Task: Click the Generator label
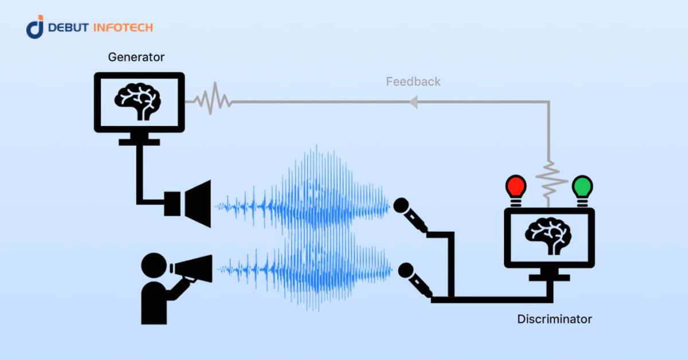136,57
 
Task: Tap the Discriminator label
554,319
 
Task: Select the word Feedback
413,81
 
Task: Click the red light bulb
515,187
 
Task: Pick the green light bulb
583,187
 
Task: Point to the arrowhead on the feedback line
413,102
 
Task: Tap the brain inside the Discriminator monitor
549,235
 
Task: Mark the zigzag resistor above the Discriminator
549,178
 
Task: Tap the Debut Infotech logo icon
35,27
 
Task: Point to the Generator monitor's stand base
139,140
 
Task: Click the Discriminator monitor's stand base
549,277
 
